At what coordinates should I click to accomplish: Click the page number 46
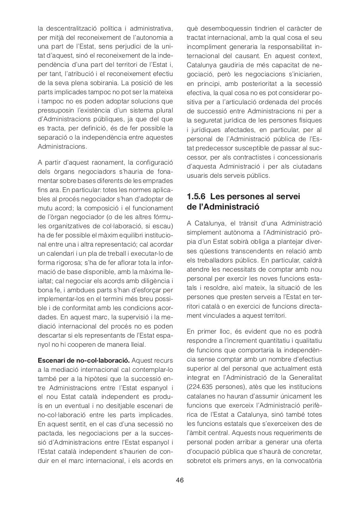click(x=180, y=480)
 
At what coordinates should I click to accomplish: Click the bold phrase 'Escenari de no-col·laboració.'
click(x=83, y=361)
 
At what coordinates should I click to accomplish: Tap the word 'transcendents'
click(x=257, y=251)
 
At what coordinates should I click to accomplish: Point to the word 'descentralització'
click(x=70, y=28)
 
